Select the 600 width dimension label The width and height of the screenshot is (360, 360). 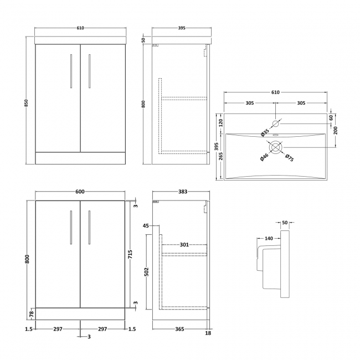[80, 192]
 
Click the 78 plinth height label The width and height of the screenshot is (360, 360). [32, 314]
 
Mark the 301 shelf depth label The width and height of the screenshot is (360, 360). [184, 244]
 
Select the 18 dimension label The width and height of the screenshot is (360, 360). [208, 333]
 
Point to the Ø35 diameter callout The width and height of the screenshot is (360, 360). [265, 132]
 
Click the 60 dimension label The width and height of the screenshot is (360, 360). [331, 117]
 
